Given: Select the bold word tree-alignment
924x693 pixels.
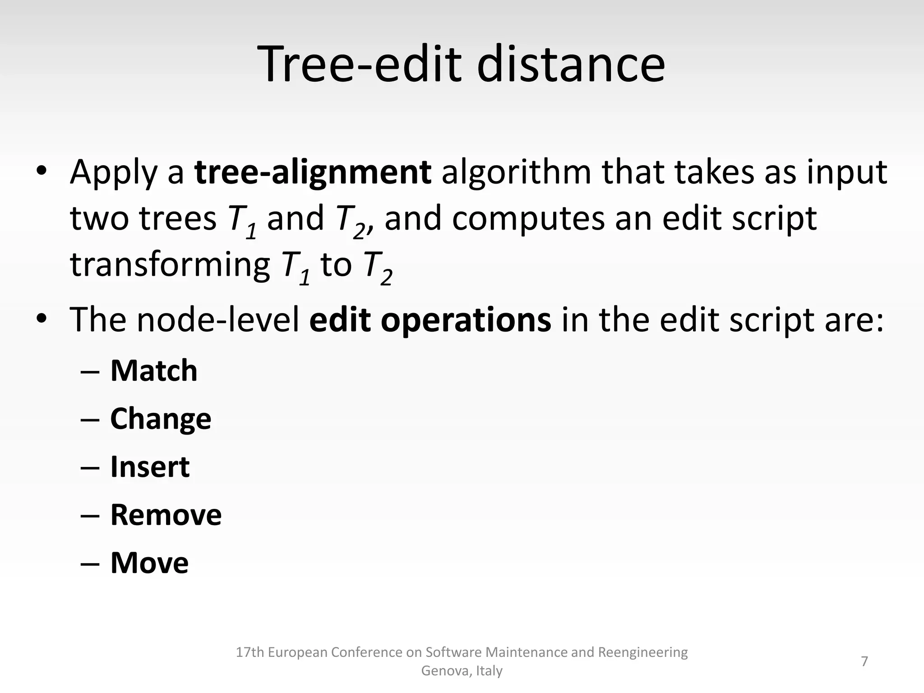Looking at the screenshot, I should point(313,172).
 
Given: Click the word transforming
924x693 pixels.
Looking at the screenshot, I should point(170,265).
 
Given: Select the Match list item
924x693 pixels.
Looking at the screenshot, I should point(154,371).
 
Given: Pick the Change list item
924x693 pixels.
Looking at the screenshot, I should point(161,419).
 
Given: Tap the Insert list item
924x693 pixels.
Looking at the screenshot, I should point(150,467).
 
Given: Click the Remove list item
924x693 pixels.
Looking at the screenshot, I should point(166,515).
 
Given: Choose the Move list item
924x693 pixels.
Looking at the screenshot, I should point(149,563).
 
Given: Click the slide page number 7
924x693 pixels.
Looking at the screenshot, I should point(864,661).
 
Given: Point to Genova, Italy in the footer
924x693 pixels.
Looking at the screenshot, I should point(462,671).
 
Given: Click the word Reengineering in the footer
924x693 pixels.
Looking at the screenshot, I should point(642,652).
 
